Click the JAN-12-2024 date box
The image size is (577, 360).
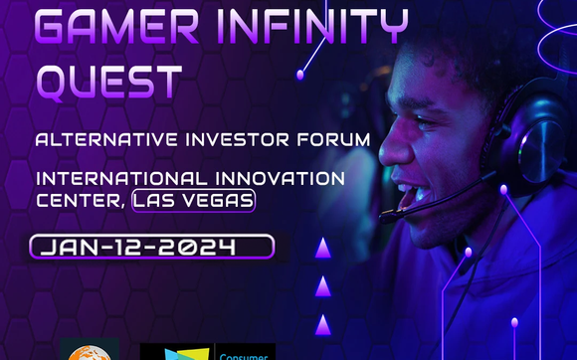(x=151, y=247)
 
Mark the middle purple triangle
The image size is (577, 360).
(x=322, y=287)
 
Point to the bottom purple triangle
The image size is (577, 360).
(x=322, y=325)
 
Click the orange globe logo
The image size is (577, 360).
(x=90, y=349)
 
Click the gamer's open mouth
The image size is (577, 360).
(x=409, y=195)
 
